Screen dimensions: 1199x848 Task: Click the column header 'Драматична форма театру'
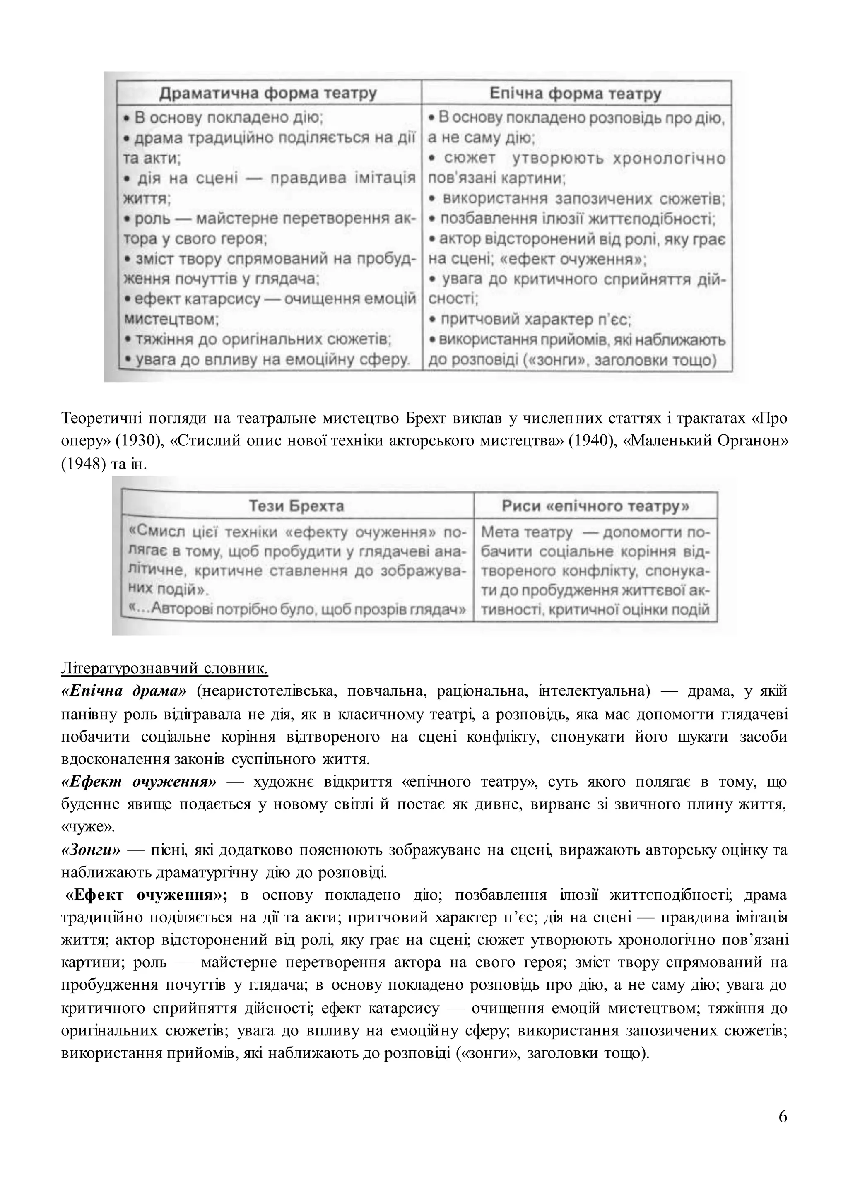(268, 94)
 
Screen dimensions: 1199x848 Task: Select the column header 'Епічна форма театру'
(576, 94)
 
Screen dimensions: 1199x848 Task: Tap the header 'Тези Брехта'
(296, 506)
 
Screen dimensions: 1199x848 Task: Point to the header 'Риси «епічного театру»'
(595, 506)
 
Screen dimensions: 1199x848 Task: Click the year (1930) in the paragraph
(139, 441)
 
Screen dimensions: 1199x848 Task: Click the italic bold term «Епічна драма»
(124, 691)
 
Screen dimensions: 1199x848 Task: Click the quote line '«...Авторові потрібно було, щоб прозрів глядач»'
(296, 610)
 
